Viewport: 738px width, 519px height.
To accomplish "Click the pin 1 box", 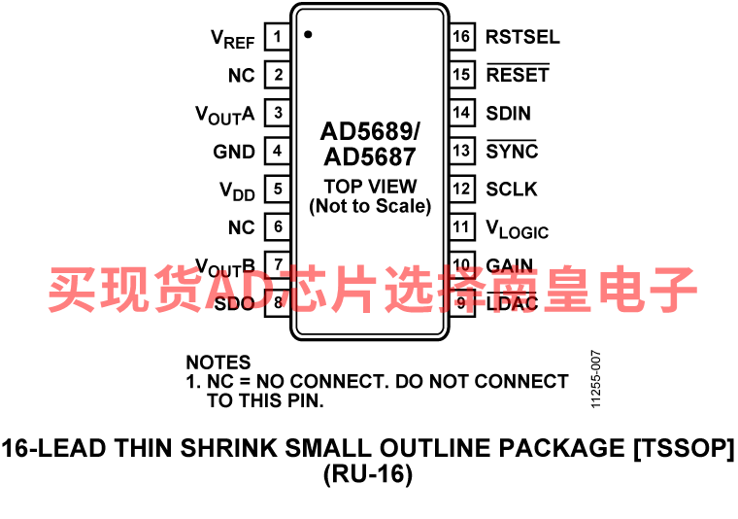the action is (277, 36).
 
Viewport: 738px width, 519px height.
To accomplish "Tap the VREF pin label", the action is (232, 39).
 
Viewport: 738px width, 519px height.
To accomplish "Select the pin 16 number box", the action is (461, 36).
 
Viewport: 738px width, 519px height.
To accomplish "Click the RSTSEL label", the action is (522, 37).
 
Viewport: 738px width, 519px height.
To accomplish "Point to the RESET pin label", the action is (518, 74).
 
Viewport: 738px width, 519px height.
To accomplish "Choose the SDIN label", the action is (508, 113).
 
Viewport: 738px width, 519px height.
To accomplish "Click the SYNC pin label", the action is (512, 151).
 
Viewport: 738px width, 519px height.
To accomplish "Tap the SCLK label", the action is (511, 189).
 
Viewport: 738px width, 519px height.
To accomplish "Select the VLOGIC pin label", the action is (518, 229).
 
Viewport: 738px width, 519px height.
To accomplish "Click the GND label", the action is (234, 152).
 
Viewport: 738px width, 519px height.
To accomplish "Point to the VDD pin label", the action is (237, 191).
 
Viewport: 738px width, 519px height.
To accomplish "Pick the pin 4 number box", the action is (277, 151).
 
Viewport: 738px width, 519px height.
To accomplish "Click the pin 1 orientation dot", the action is (308, 34).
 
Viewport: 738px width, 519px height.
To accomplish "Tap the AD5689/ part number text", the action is (370, 131).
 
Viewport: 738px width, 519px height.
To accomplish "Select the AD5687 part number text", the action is (370, 156).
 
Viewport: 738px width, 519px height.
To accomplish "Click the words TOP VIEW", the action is (370, 186).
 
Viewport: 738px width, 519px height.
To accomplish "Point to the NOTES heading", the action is (218, 363).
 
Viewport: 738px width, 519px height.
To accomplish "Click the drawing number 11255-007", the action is (596, 379).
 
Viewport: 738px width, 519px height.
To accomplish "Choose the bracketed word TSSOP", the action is (684, 447).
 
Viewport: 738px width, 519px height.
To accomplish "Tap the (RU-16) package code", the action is (368, 473).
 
